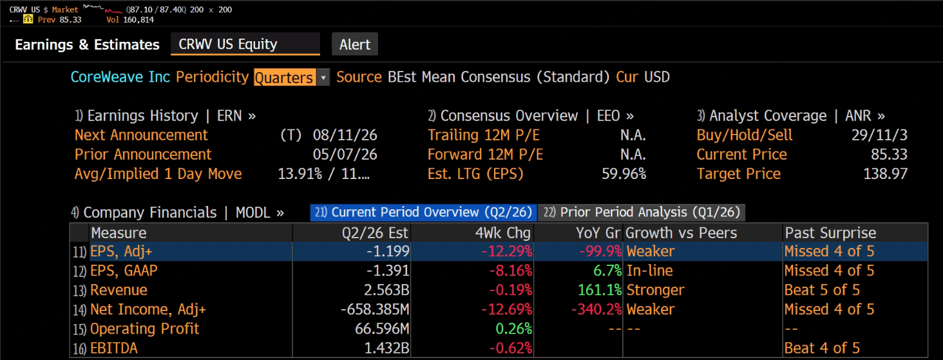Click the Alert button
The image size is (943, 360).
(354, 44)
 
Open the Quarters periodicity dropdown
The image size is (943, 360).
(323, 77)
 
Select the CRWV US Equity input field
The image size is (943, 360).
(245, 44)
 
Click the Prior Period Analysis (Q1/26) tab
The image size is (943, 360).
(641, 213)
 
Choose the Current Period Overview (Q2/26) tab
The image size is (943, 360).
(423, 213)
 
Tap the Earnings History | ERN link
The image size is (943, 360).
(165, 116)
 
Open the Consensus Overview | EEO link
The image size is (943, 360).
(531, 116)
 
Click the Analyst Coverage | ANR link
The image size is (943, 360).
(790, 116)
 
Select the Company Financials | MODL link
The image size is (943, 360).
(177, 213)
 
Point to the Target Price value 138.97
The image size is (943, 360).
(885, 174)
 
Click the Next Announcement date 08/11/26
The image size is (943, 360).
(345, 135)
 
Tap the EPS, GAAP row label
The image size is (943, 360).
(124, 270)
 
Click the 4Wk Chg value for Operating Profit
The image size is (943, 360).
(513, 329)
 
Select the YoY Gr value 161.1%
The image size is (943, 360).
(600, 290)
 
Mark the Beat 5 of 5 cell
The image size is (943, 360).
(822, 290)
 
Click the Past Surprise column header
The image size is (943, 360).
(830, 233)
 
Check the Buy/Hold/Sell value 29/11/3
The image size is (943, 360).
(879, 135)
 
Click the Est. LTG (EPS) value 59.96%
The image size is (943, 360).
(624, 174)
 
